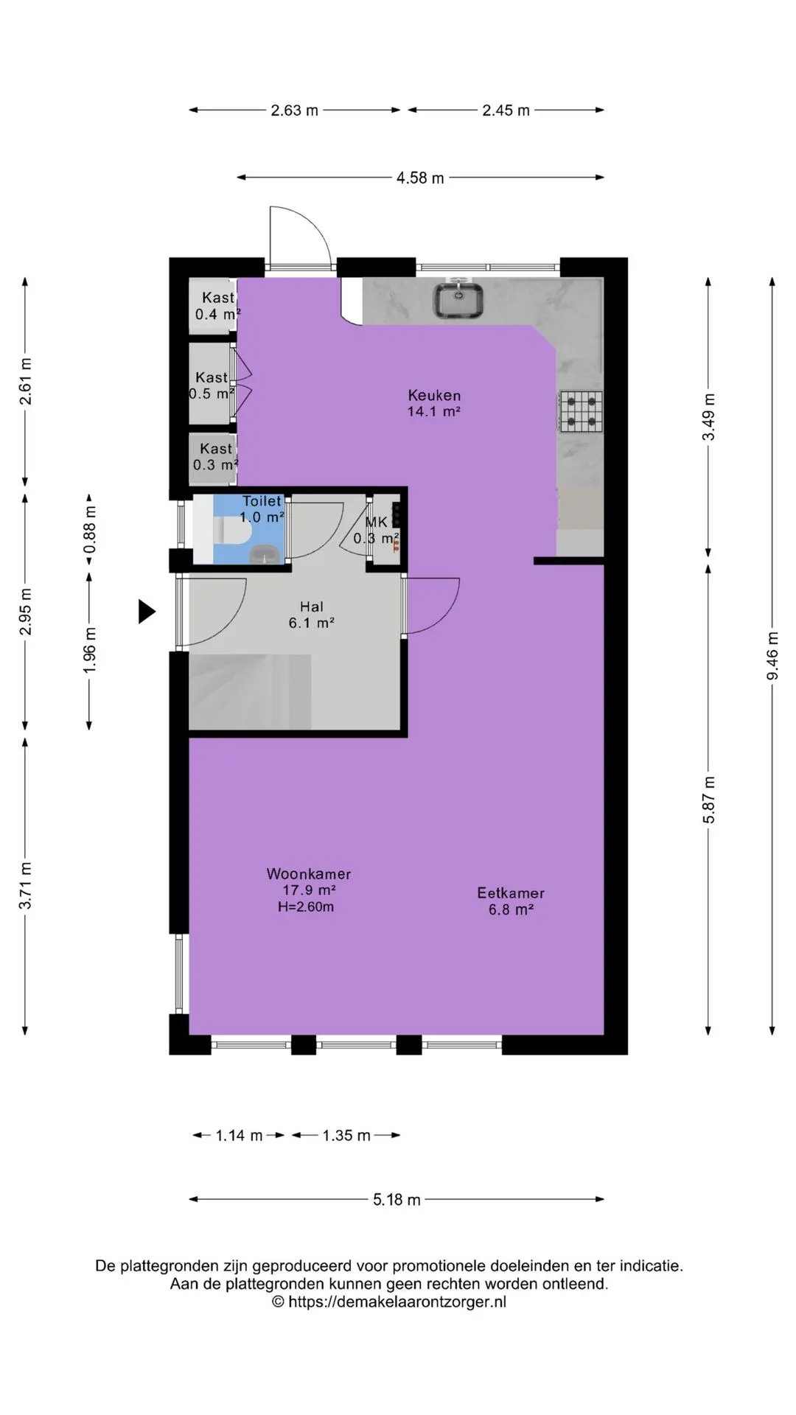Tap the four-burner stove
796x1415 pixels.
pyautogui.click(x=581, y=411)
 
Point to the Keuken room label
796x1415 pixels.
pyautogui.click(x=434, y=395)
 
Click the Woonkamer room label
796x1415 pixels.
pyautogui.click(x=309, y=874)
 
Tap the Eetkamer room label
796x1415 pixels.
pyautogui.click(x=511, y=893)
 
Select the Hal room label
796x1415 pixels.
pyautogui.click(x=312, y=607)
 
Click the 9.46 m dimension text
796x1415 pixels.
pyautogui.click(x=772, y=656)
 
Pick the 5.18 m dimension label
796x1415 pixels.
pyautogui.click(x=397, y=1200)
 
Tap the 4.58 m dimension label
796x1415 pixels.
pyautogui.click(x=420, y=178)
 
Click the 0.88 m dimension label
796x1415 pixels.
pyautogui.click(x=90, y=528)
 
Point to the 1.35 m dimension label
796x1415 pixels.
pyautogui.click(x=346, y=1136)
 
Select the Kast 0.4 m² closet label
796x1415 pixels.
pyautogui.click(x=217, y=306)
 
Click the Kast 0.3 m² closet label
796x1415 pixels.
pyautogui.click(x=216, y=457)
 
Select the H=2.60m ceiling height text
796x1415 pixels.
pyautogui.click(x=306, y=907)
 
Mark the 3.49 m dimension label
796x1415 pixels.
pyautogui.click(x=708, y=417)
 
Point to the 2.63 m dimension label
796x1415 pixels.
pyautogui.click(x=295, y=111)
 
